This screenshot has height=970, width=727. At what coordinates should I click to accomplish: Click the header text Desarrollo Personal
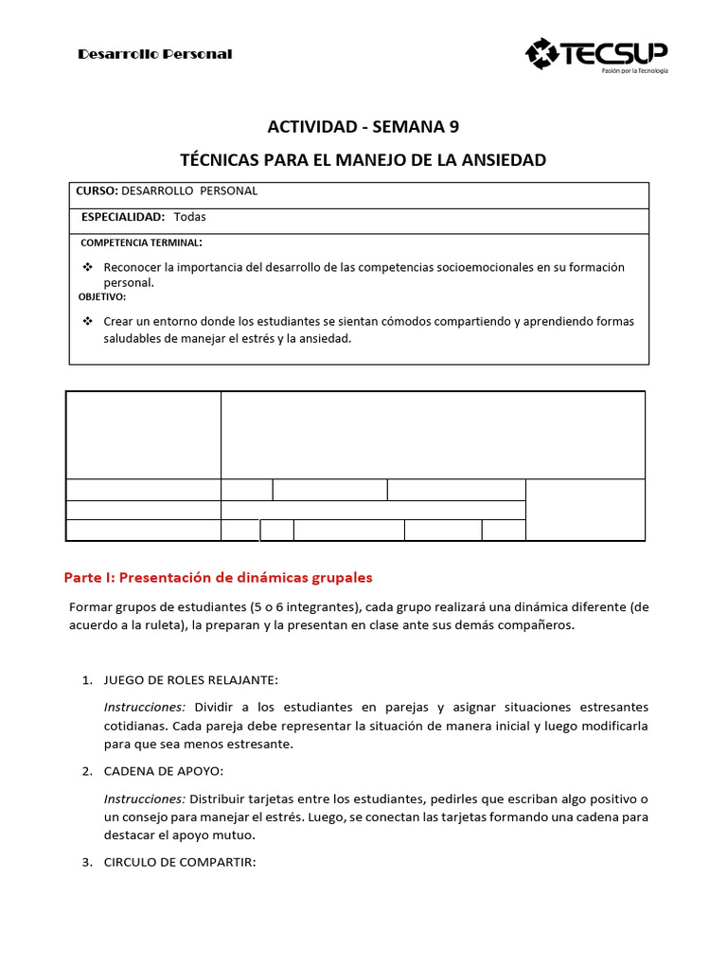pos(154,54)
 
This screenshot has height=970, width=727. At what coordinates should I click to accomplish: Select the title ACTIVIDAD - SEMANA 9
pos(363,128)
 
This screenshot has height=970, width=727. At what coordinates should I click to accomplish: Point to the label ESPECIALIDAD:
pos(123,217)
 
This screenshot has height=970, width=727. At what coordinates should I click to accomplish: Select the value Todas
pos(189,217)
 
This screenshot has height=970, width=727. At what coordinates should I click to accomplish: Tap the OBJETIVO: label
pos(102,296)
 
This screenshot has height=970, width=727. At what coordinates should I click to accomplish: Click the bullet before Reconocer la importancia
pos(88,267)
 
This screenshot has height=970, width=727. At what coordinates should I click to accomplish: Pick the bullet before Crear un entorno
pos(88,321)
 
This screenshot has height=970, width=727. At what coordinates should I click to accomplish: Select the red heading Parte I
pos(218,577)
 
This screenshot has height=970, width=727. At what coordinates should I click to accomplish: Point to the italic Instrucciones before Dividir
pos(144,708)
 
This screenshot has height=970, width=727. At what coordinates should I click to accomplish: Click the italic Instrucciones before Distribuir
pos(144,799)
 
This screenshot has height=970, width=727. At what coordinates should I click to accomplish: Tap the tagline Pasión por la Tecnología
pos(634,71)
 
